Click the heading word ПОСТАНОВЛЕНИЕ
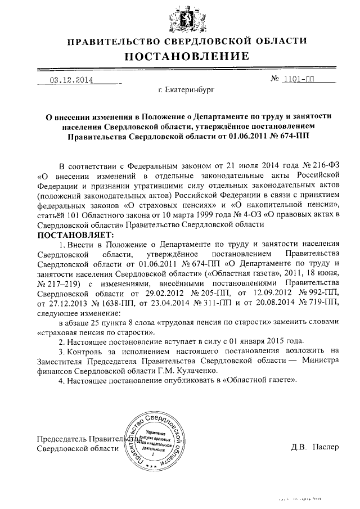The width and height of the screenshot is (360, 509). point(186,57)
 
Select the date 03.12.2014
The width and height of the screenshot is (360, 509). point(71,80)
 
